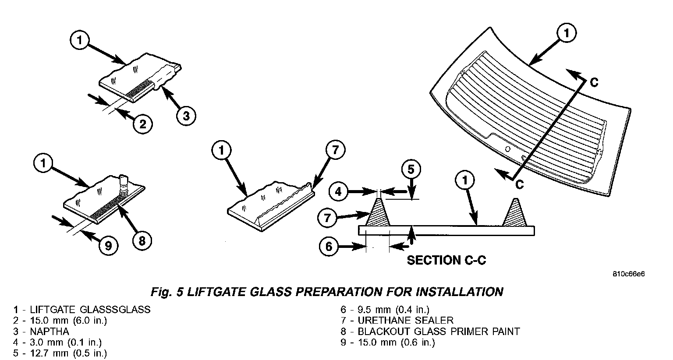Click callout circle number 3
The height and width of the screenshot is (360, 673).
click(x=186, y=116)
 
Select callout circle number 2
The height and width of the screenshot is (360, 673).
click(x=142, y=124)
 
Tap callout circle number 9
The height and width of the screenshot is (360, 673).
click(x=109, y=246)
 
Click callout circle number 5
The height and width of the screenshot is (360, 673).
click(x=411, y=169)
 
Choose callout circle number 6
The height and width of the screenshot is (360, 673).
click(x=329, y=247)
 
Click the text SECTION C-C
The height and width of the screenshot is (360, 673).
click(x=446, y=260)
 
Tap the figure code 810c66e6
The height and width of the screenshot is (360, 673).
click(x=629, y=275)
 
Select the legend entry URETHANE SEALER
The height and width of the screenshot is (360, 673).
click(x=405, y=321)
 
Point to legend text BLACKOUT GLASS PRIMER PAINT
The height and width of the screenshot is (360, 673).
click(x=439, y=332)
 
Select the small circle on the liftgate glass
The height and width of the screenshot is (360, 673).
click(x=507, y=149)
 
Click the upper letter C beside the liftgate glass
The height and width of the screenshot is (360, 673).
click(x=594, y=82)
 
